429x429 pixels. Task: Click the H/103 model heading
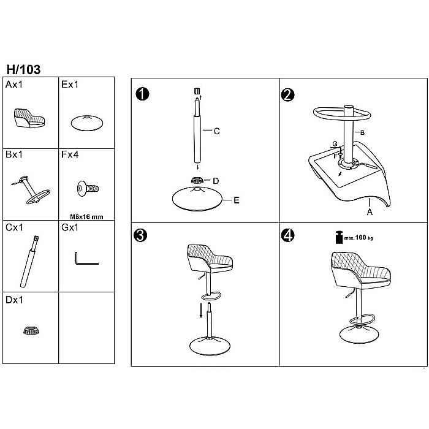(x=23, y=69)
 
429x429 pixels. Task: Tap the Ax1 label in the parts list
(x=14, y=85)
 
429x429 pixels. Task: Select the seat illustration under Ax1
(x=29, y=118)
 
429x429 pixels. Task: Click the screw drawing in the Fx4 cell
(x=88, y=189)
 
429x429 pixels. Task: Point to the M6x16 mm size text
(x=86, y=217)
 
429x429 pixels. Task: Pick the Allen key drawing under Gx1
(x=86, y=259)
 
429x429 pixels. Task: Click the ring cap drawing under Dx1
(x=31, y=330)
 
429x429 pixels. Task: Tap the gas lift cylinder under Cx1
(x=29, y=261)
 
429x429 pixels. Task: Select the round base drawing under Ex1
(x=87, y=123)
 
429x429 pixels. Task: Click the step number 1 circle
(x=142, y=94)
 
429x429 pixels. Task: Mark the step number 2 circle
(x=287, y=95)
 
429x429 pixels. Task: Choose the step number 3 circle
(x=140, y=235)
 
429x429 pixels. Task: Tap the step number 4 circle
(x=288, y=235)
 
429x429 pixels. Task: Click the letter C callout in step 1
(x=217, y=131)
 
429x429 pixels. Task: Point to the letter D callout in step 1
(x=216, y=181)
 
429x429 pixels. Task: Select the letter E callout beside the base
(x=237, y=200)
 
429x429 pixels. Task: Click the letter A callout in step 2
(x=370, y=212)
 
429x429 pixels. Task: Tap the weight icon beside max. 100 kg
(x=340, y=237)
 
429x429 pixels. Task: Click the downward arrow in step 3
(x=201, y=310)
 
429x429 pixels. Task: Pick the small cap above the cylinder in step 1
(x=197, y=91)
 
